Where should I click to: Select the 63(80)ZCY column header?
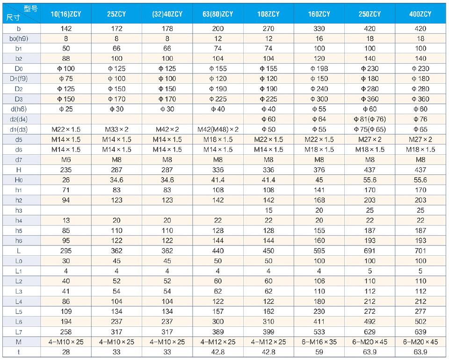tap(217, 14)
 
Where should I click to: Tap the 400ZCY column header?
tap(420, 14)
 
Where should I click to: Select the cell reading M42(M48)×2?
tap(217, 129)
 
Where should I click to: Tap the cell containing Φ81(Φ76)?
tap(369, 119)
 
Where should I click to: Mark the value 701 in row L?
tap(420, 251)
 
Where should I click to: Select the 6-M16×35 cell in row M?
tap(319, 341)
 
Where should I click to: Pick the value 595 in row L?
tap(319, 251)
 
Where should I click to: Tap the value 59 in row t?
tap(319, 352)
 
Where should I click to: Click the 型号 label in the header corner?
tap(30, 8)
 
